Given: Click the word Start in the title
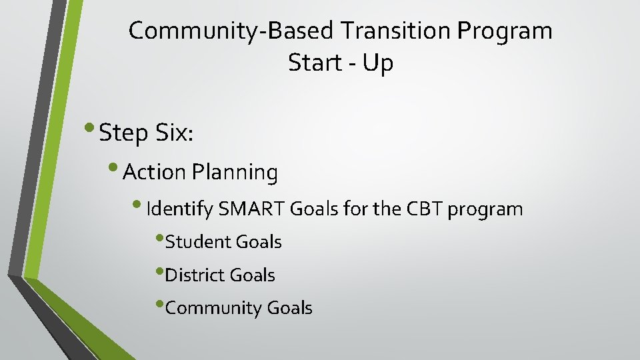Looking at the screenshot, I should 313,63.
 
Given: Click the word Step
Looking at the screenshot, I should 123,133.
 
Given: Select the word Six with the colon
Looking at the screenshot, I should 174,133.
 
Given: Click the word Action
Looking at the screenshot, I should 154,173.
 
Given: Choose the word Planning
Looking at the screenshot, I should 235,173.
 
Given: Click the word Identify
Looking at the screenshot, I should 179,209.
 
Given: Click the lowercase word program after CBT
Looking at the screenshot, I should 485,209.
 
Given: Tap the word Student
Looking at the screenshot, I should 197,242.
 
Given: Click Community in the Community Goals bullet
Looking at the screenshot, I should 213,308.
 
